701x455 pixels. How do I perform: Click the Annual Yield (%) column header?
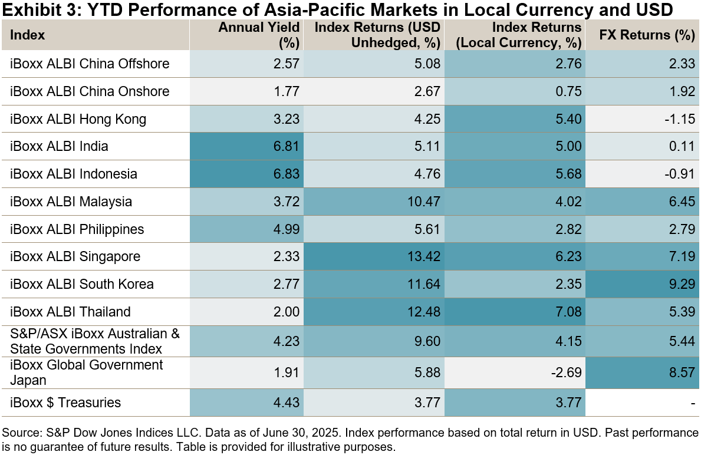[259, 35]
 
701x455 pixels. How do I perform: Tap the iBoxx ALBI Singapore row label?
[74, 257]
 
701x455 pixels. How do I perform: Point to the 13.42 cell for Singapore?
[425, 257]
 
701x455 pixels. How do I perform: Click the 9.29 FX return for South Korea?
[683, 284]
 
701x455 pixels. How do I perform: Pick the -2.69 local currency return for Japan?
[566, 372]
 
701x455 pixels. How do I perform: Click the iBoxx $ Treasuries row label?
[66, 403]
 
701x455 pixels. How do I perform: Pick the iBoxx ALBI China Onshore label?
[90, 91]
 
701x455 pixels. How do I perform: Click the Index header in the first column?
[28, 35]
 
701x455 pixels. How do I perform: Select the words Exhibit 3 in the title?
[35, 11]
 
